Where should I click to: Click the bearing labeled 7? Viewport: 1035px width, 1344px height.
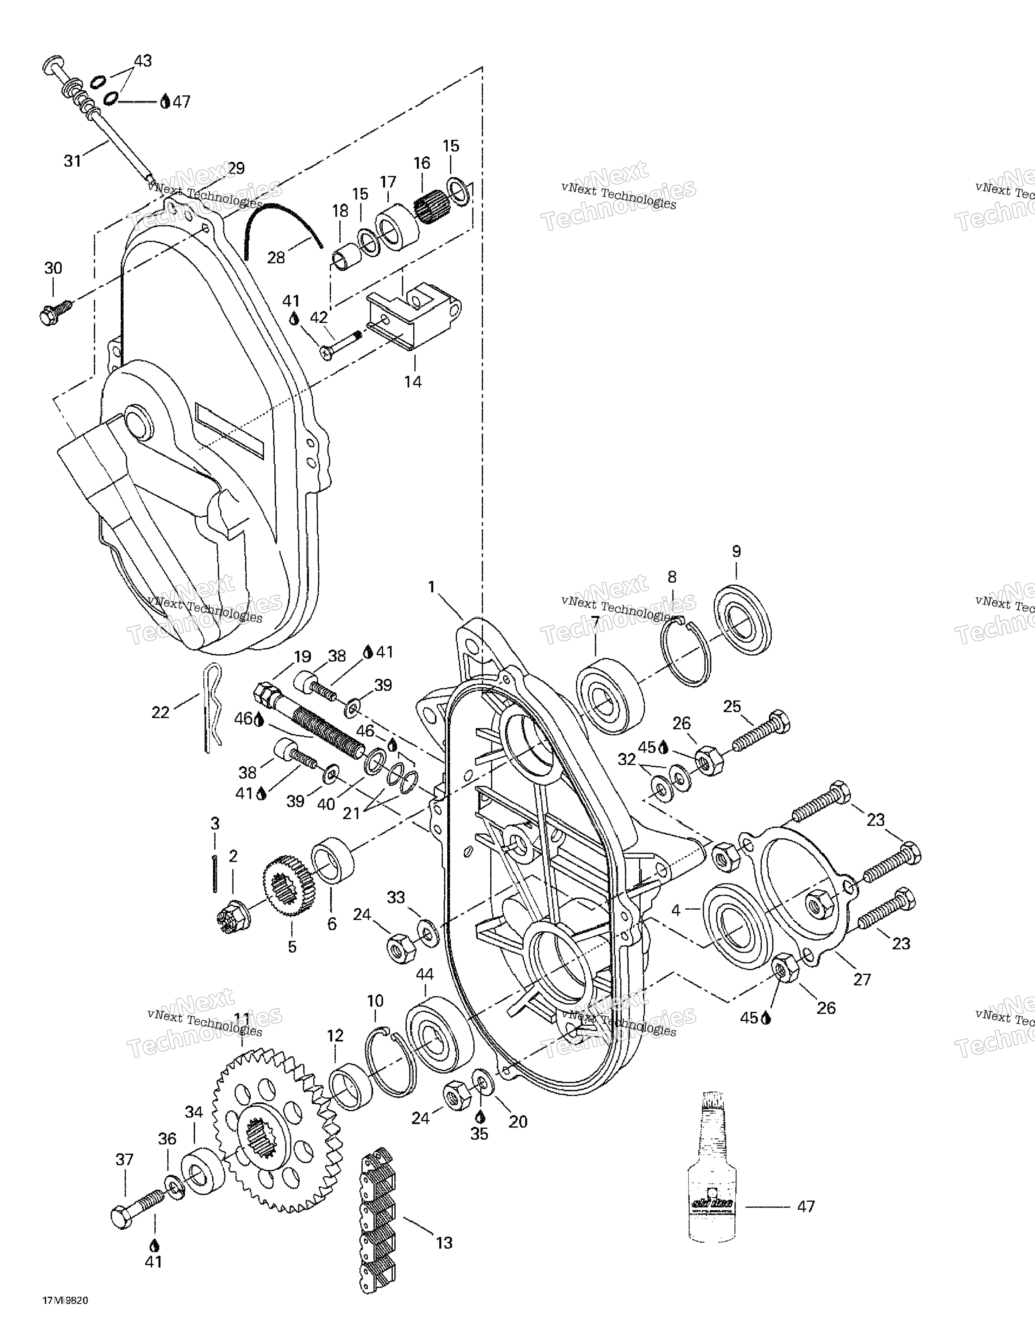(x=609, y=696)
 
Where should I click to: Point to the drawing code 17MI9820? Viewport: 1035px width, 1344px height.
(x=65, y=1313)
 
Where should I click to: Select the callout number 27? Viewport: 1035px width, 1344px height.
(x=862, y=978)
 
